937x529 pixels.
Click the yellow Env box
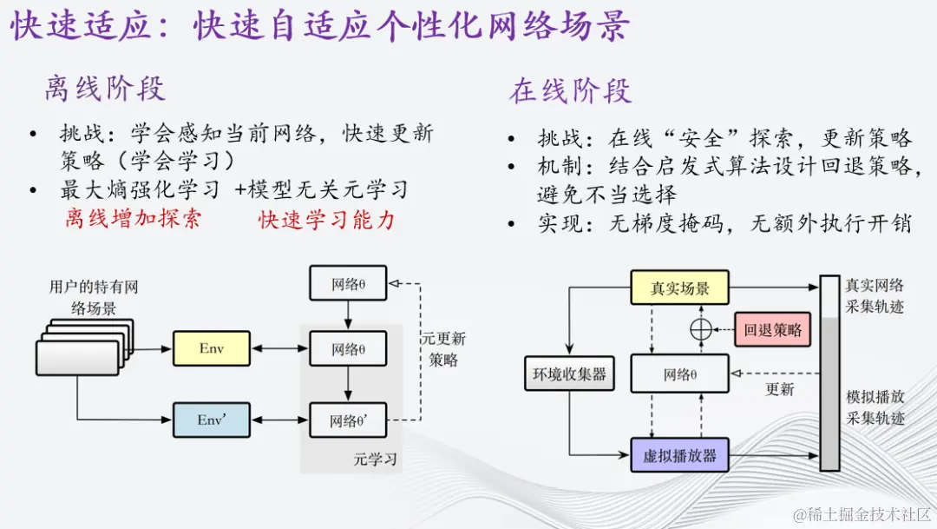(212, 348)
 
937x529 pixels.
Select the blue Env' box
(212, 420)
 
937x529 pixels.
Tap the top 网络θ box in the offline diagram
(347, 283)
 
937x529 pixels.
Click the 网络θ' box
(347, 421)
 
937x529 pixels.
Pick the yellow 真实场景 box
(680, 288)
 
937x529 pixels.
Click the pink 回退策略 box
(772, 330)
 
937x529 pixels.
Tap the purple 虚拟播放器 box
(680, 455)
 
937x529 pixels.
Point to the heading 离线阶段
(105, 89)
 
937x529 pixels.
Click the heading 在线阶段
(571, 91)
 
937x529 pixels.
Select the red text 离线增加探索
(133, 218)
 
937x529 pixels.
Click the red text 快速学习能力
(326, 220)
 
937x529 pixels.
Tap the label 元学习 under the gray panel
(375, 458)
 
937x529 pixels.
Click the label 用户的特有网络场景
(94, 297)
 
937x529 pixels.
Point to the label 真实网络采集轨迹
(875, 295)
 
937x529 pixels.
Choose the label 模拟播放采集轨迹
(875, 407)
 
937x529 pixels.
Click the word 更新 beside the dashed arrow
(779, 389)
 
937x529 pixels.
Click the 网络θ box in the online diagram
(680, 374)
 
